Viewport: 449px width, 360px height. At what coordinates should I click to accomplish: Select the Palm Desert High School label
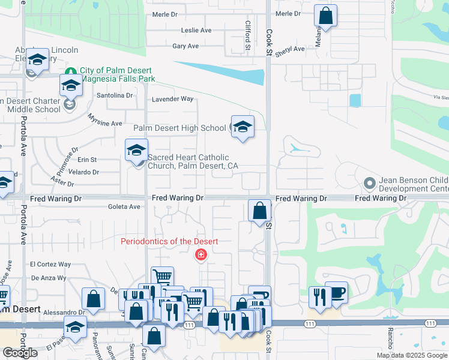click(x=179, y=128)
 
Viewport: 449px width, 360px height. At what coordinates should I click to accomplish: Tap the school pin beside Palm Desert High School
click(x=243, y=127)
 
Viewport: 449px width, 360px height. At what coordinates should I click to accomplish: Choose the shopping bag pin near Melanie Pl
click(x=325, y=17)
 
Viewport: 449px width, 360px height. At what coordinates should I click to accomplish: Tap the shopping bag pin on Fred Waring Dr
click(x=259, y=211)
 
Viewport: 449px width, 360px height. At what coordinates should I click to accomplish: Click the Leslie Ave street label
click(x=196, y=30)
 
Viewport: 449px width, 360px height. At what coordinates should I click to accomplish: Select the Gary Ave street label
click(x=185, y=46)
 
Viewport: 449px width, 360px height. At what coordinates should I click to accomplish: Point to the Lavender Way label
click(x=173, y=99)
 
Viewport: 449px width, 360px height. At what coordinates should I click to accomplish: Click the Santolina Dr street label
click(x=115, y=95)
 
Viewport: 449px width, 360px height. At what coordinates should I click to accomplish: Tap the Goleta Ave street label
click(x=126, y=207)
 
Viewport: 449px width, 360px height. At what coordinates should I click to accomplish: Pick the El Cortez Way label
click(x=50, y=264)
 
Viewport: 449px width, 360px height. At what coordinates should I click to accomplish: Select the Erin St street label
click(x=87, y=160)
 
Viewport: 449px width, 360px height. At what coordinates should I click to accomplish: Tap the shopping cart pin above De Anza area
click(x=162, y=277)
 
